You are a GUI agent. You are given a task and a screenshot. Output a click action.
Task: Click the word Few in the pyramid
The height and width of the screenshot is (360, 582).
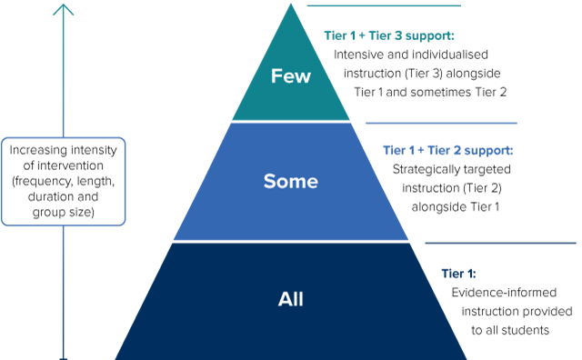(x=291, y=76)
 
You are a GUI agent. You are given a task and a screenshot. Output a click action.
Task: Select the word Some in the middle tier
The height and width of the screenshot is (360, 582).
(x=291, y=181)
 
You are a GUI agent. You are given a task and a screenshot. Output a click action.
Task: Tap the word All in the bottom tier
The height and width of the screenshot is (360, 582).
(x=291, y=299)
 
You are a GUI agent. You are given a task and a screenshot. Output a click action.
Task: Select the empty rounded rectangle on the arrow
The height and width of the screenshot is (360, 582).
(x=64, y=181)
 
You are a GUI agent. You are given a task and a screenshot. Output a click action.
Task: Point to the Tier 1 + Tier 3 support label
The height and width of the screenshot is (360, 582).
(x=388, y=36)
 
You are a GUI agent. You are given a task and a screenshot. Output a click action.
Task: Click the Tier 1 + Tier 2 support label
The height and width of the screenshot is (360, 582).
(x=448, y=150)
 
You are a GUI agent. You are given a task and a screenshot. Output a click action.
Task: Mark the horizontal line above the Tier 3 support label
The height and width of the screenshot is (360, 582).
(x=384, y=6)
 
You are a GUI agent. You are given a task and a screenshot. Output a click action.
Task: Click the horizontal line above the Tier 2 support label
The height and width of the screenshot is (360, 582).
(x=441, y=123)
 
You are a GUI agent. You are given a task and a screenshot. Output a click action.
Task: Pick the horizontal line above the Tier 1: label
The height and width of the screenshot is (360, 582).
(x=500, y=243)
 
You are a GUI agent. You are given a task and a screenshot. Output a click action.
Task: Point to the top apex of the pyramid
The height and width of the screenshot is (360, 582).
(x=292, y=5)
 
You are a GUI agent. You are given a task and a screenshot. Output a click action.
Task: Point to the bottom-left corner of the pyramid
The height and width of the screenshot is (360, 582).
(x=115, y=357)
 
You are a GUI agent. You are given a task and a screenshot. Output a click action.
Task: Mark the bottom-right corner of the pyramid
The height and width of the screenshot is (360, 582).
(x=467, y=357)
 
